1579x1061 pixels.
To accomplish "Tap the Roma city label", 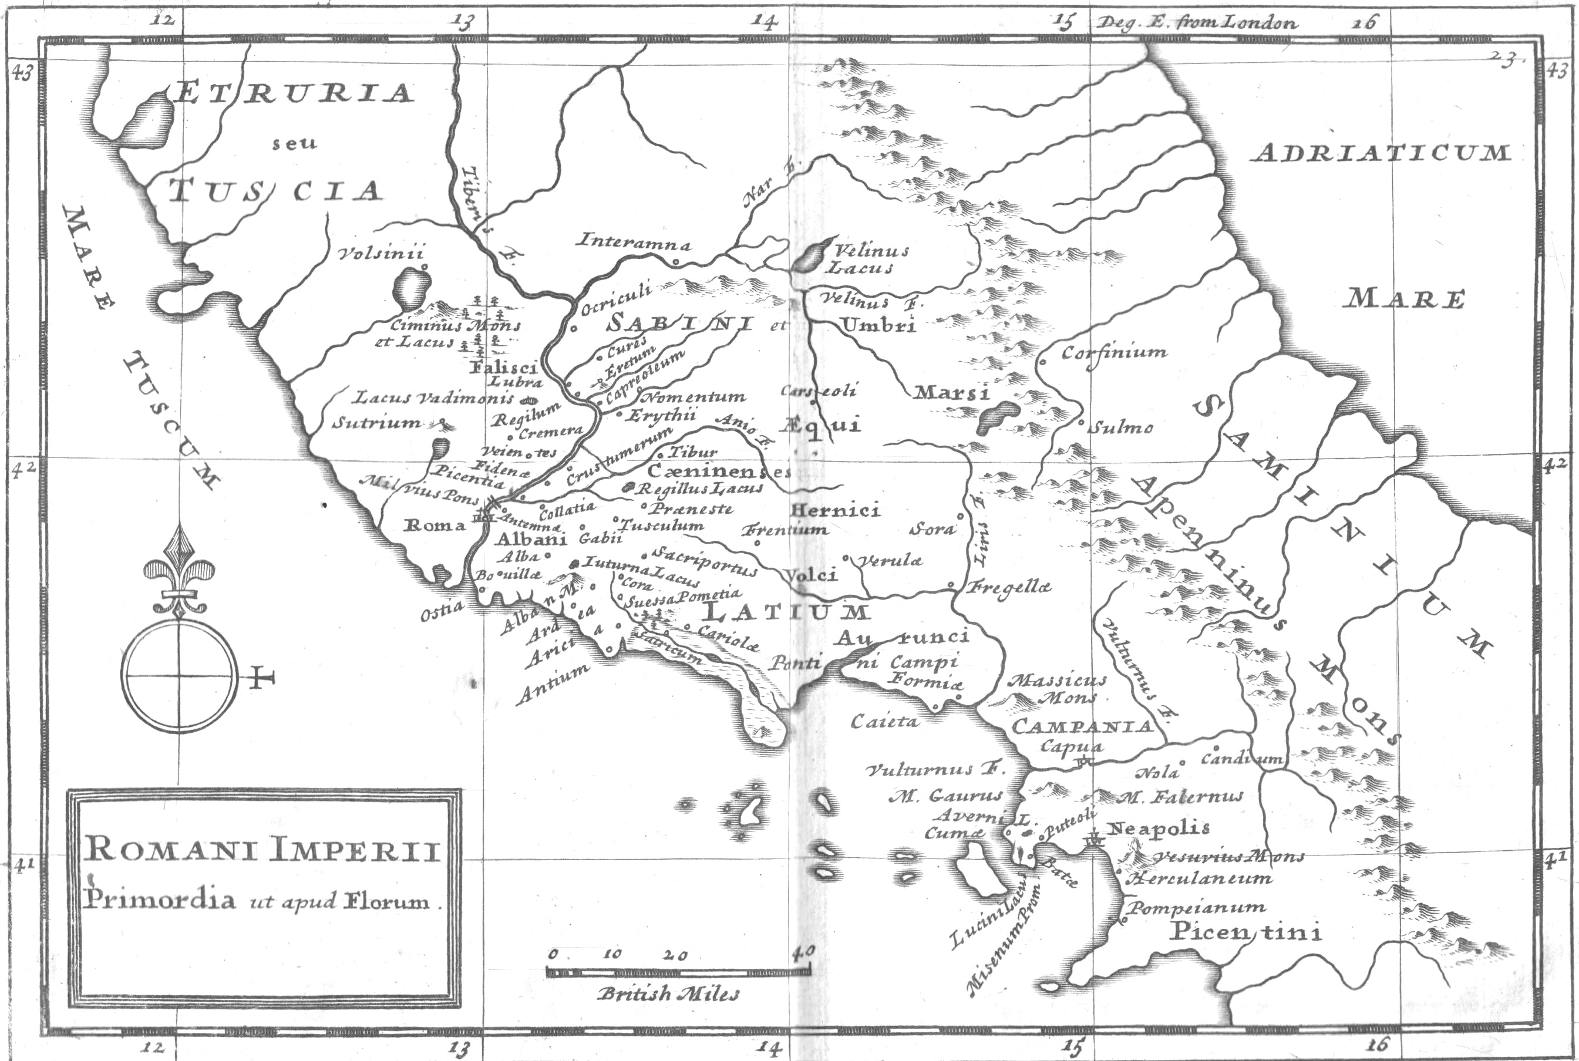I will pyautogui.click(x=435, y=525).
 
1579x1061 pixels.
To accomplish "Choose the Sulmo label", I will pyautogui.click(x=1123, y=427).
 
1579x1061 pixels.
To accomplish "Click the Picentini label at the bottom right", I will pyautogui.click(x=1246, y=932).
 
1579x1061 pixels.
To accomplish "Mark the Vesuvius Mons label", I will pyautogui.click(x=1228, y=857).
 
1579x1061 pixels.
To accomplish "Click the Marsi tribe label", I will pyautogui.click(x=951, y=392).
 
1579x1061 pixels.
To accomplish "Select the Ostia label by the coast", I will pyautogui.click(x=442, y=609).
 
